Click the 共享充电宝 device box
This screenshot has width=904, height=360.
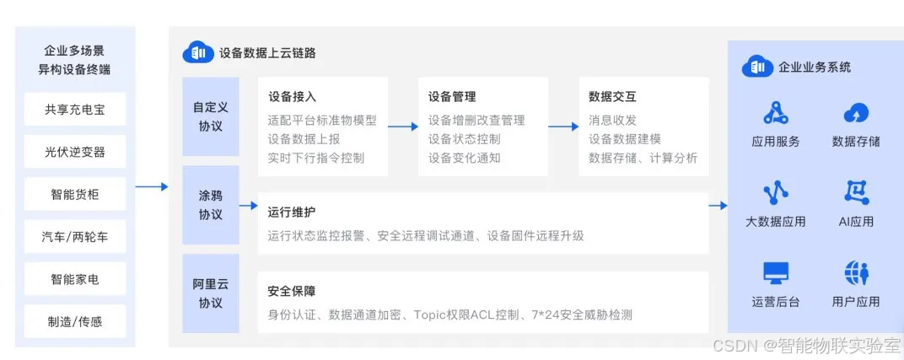coord(75,110)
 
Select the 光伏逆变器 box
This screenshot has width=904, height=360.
coord(75,153)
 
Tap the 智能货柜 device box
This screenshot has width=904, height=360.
coord(75,195)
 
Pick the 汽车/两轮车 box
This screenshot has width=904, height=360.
coord(75,237)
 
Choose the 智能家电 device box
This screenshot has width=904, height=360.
coord(75,279)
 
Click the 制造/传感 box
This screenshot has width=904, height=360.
coord(75,321)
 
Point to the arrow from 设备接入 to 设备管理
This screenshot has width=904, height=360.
coord(403,126)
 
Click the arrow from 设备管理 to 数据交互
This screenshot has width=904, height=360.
coord(563,126)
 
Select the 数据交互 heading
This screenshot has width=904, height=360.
coord(611,97)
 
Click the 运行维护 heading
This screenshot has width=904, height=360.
coord(291,212)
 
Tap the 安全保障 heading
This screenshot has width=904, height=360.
coord(291,292)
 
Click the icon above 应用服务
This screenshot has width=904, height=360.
coord(775,112)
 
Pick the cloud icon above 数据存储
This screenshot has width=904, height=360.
coord(856,113)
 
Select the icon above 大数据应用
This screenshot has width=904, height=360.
coord(775,193)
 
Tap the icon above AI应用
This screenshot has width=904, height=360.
coord(856,193)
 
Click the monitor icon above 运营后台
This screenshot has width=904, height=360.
coord(775,273)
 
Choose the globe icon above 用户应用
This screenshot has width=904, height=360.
coord(856,273)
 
